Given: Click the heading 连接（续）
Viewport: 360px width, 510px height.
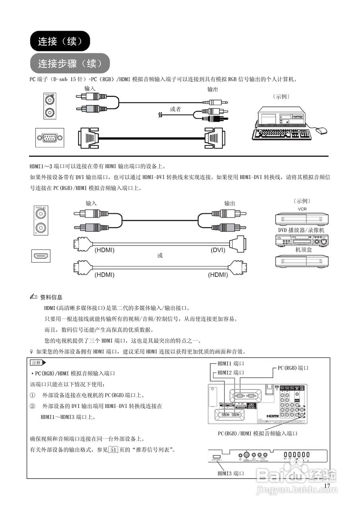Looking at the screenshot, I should tap(60, 41).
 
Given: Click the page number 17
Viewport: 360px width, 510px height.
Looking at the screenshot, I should tap(327, 486).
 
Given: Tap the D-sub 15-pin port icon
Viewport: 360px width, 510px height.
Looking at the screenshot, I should tap(50, 138).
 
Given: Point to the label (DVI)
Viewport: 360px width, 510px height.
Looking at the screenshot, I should tap(218, 250).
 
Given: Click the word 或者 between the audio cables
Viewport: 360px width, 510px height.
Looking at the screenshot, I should tap(175, 109).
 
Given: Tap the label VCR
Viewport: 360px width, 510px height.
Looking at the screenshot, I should tap(302, 209).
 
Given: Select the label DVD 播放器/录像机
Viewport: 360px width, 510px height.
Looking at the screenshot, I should tap(301, 230).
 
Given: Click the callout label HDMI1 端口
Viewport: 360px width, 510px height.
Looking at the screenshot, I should tap(231, 363).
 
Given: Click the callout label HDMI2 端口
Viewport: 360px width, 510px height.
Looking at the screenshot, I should tap(231, 373).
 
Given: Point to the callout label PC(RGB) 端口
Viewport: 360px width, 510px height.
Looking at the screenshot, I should tap(293, 368).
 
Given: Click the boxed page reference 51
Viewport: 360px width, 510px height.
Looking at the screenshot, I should tap(113, 449).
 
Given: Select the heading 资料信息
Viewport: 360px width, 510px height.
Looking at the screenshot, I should tap(51, 297).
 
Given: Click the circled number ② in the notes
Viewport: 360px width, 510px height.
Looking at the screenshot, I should tap(33, 406).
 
